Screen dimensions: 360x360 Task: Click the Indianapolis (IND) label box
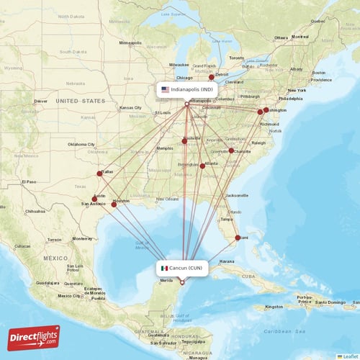[186, 89]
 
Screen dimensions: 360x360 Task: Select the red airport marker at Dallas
[99, 174]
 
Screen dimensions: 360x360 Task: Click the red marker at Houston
[113, 204]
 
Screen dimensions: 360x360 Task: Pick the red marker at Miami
[238, 237]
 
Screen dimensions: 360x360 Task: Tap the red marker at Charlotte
[231, 150]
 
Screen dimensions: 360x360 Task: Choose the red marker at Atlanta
[202, 166]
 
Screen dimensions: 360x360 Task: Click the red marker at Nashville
[184, 141]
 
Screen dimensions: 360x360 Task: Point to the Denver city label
[40, 101]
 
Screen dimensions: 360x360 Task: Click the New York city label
[297, 90]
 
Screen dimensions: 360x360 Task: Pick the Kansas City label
[130, 108]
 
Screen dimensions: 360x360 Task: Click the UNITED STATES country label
[81, 101]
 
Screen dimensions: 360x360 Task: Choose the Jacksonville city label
[236, 195]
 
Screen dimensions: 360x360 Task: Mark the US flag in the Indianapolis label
[165, 89]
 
